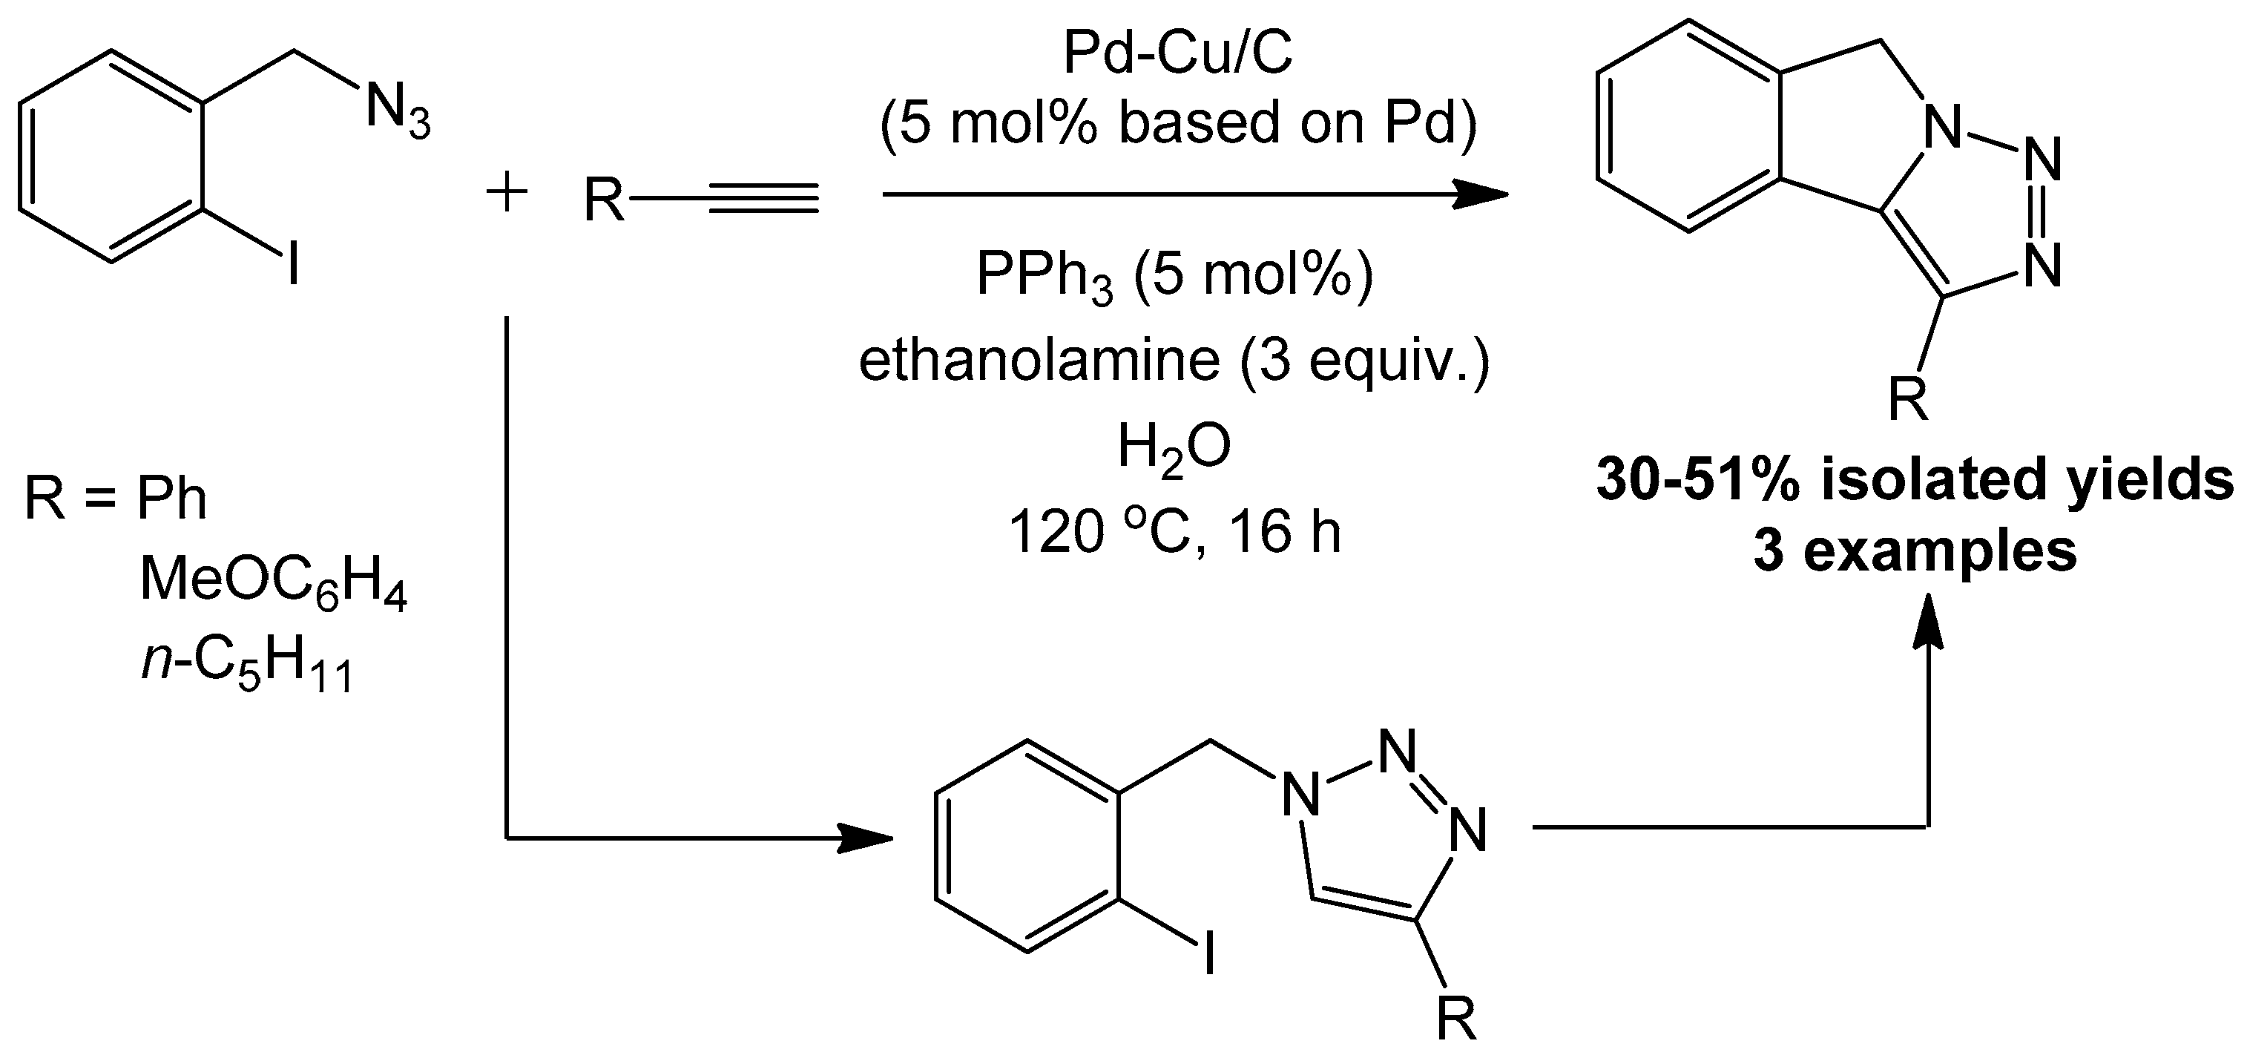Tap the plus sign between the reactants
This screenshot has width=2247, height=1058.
pos(507,194)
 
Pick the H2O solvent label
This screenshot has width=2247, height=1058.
pos(1174,447)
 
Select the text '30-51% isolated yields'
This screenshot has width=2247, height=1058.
pos(1915,481)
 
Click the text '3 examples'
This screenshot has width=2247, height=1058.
pos(1915,551)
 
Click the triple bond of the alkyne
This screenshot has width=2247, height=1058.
pos(764,198)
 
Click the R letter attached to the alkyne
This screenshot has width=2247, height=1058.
pos(605,200)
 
